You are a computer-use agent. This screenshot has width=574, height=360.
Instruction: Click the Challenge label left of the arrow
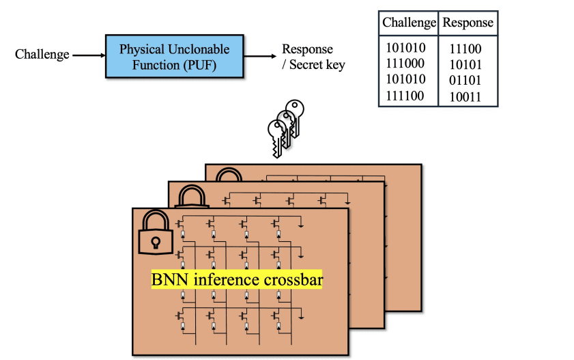click(x=42, y=54)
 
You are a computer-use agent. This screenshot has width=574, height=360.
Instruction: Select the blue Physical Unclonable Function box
click(x=175, y=56)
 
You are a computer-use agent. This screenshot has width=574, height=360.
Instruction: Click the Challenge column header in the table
click(x=409, y=23)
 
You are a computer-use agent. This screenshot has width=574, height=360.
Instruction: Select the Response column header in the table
click(x=468, y=23)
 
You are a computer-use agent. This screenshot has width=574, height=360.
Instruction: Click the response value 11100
click(x=465, y=49)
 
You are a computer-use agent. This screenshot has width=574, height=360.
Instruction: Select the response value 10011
click(x=465, y=96)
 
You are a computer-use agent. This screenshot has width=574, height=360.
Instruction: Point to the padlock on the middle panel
click(x=192, y=197)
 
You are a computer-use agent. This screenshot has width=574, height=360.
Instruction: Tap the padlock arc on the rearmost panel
click(x=228, y=175)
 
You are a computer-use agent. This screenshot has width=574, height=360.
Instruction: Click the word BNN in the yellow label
click(x=166, y=280)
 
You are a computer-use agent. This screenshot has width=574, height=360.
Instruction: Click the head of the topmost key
click(x=295, y=108)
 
